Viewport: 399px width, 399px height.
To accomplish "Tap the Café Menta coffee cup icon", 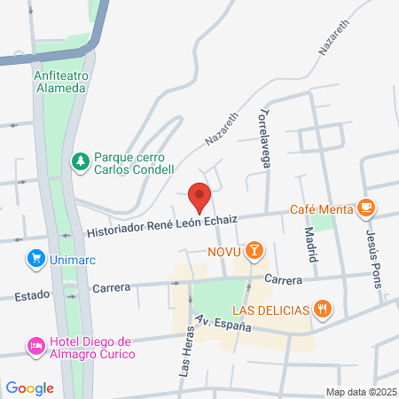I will pyautogui.click(x=366, y=209).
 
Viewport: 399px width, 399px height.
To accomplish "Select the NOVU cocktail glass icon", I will pyautogui.click(x=254, y=251).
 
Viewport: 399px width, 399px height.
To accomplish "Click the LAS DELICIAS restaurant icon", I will pyautogui.click(x=324, y=309).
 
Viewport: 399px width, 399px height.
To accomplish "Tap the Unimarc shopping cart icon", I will pyautogui.click(x=36, y=259).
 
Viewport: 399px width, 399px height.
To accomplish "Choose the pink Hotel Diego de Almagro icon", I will pyautogui.click(x=36, y=344).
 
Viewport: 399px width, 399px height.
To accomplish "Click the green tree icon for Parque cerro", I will pyautogui.click(x=81, y=161).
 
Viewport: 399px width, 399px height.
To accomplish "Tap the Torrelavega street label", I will pyautogui.click(x=263, y=137).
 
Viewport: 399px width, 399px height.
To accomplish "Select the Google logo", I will pyautogui.click(x=30, y=388).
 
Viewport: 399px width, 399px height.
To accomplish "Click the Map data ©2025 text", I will pyautogui.click(x=360, y=392).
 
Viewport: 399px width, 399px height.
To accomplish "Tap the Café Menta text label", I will pyautogui.click(x=320, y=210).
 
